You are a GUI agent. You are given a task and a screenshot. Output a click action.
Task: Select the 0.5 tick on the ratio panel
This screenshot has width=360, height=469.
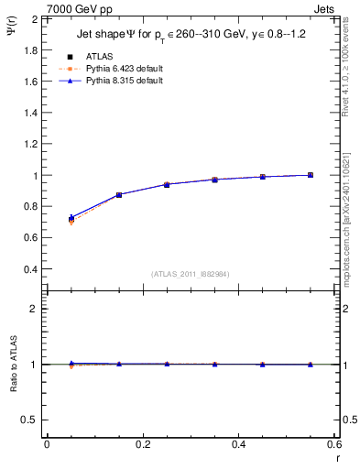point(32,420)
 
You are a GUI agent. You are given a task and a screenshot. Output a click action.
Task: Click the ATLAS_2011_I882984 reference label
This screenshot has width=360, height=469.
point(190,273)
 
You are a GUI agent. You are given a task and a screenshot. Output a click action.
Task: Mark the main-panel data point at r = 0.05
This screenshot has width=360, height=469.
point(71,219)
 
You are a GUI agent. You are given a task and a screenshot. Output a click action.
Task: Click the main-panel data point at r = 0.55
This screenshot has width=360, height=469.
point(311,175)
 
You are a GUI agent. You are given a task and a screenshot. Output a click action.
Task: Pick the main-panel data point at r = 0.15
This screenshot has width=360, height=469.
point(118,195)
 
